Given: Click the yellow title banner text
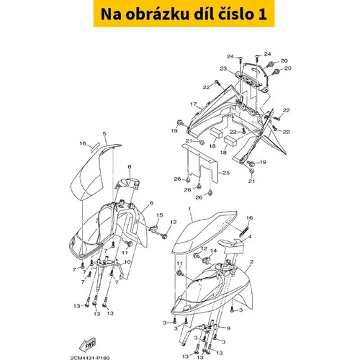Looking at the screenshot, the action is pyautogui.click(x=184, y=14).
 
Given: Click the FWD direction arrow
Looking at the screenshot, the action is pyautogui.click(x=88, y=345).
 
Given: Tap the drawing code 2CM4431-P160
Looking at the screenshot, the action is pyautogui.click(x=90, y=358).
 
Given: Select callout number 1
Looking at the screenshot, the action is pyautogui.click(x=189, y=209).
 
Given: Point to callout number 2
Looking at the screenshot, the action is pyautogui.click(x=251, y=262).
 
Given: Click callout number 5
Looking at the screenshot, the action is pyautogui.click(x=104, y=133).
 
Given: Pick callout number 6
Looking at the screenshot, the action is pyautogui.click(x=151, y=203).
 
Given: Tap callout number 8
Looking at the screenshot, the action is pyautogui.click(x=130, y=166).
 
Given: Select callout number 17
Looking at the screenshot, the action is pyautogui.click(x=194, y=104).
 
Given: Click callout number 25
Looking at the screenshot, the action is pyautogui.click(x=226, y=173).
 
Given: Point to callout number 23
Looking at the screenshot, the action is pyautogui.click(x=223, y=68).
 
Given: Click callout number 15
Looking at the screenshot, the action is pyautogui.click(x=160, y=215).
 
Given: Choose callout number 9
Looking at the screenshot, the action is pyautogui.click(x=228, y=328).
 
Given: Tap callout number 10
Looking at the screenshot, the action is pyautogui.click(x=127, y=262).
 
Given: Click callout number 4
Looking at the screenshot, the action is pyautogui.click(x=250, y=237).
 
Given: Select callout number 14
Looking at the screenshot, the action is pyautogui.click(x=213, y=251).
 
